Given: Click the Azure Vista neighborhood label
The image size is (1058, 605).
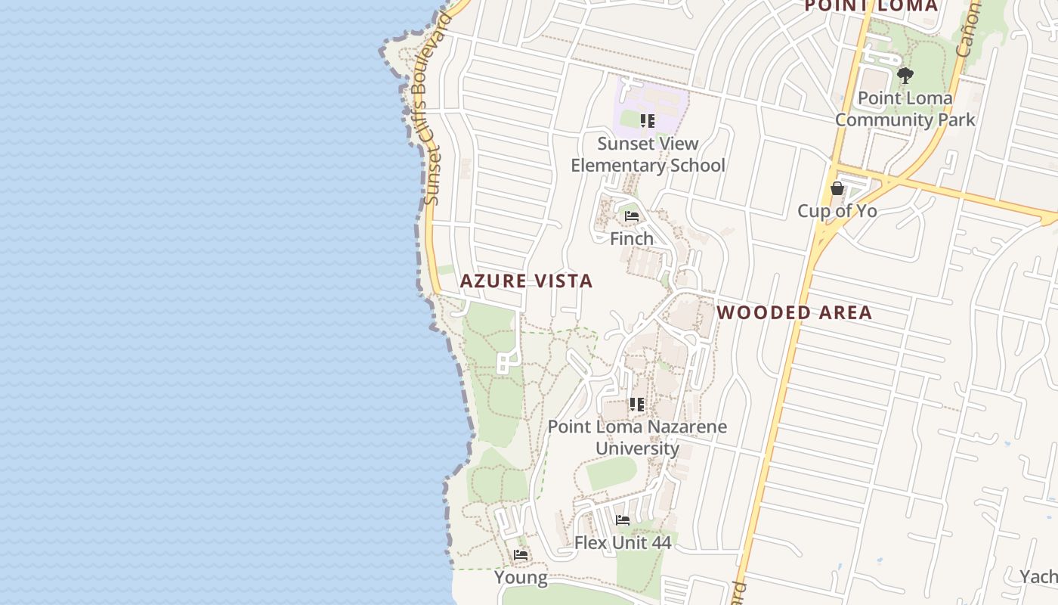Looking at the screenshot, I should (526, 281).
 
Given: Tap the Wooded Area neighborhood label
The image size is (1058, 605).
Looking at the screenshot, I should (794, 312).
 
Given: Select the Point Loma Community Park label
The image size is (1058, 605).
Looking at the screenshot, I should (905, 109).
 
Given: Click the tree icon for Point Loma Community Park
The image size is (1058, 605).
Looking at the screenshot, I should (905, 76).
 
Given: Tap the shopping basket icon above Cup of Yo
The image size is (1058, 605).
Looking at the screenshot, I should (837, 188).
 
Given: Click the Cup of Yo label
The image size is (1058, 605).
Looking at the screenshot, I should (837, 211).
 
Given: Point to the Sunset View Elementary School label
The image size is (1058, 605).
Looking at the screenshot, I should (648, 154).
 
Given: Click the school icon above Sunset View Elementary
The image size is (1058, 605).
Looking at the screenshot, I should (647, 121).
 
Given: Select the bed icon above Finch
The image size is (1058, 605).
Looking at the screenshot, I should (632, 216).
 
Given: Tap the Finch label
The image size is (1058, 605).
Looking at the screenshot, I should (632, 239).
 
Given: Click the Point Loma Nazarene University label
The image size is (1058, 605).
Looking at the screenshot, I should (637, 437).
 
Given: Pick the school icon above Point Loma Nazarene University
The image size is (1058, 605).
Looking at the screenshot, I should (637, 405).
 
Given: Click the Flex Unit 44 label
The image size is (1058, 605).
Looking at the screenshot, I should (623, 542).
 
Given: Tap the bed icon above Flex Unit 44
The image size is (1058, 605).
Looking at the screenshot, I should (623, 520).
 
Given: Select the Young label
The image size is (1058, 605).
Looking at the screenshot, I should (521, 578).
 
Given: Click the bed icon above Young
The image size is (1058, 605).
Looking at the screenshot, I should (521, 555).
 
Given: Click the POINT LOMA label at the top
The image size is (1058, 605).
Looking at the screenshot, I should (871, 6).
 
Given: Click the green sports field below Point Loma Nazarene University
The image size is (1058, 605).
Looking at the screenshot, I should (611, 473).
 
